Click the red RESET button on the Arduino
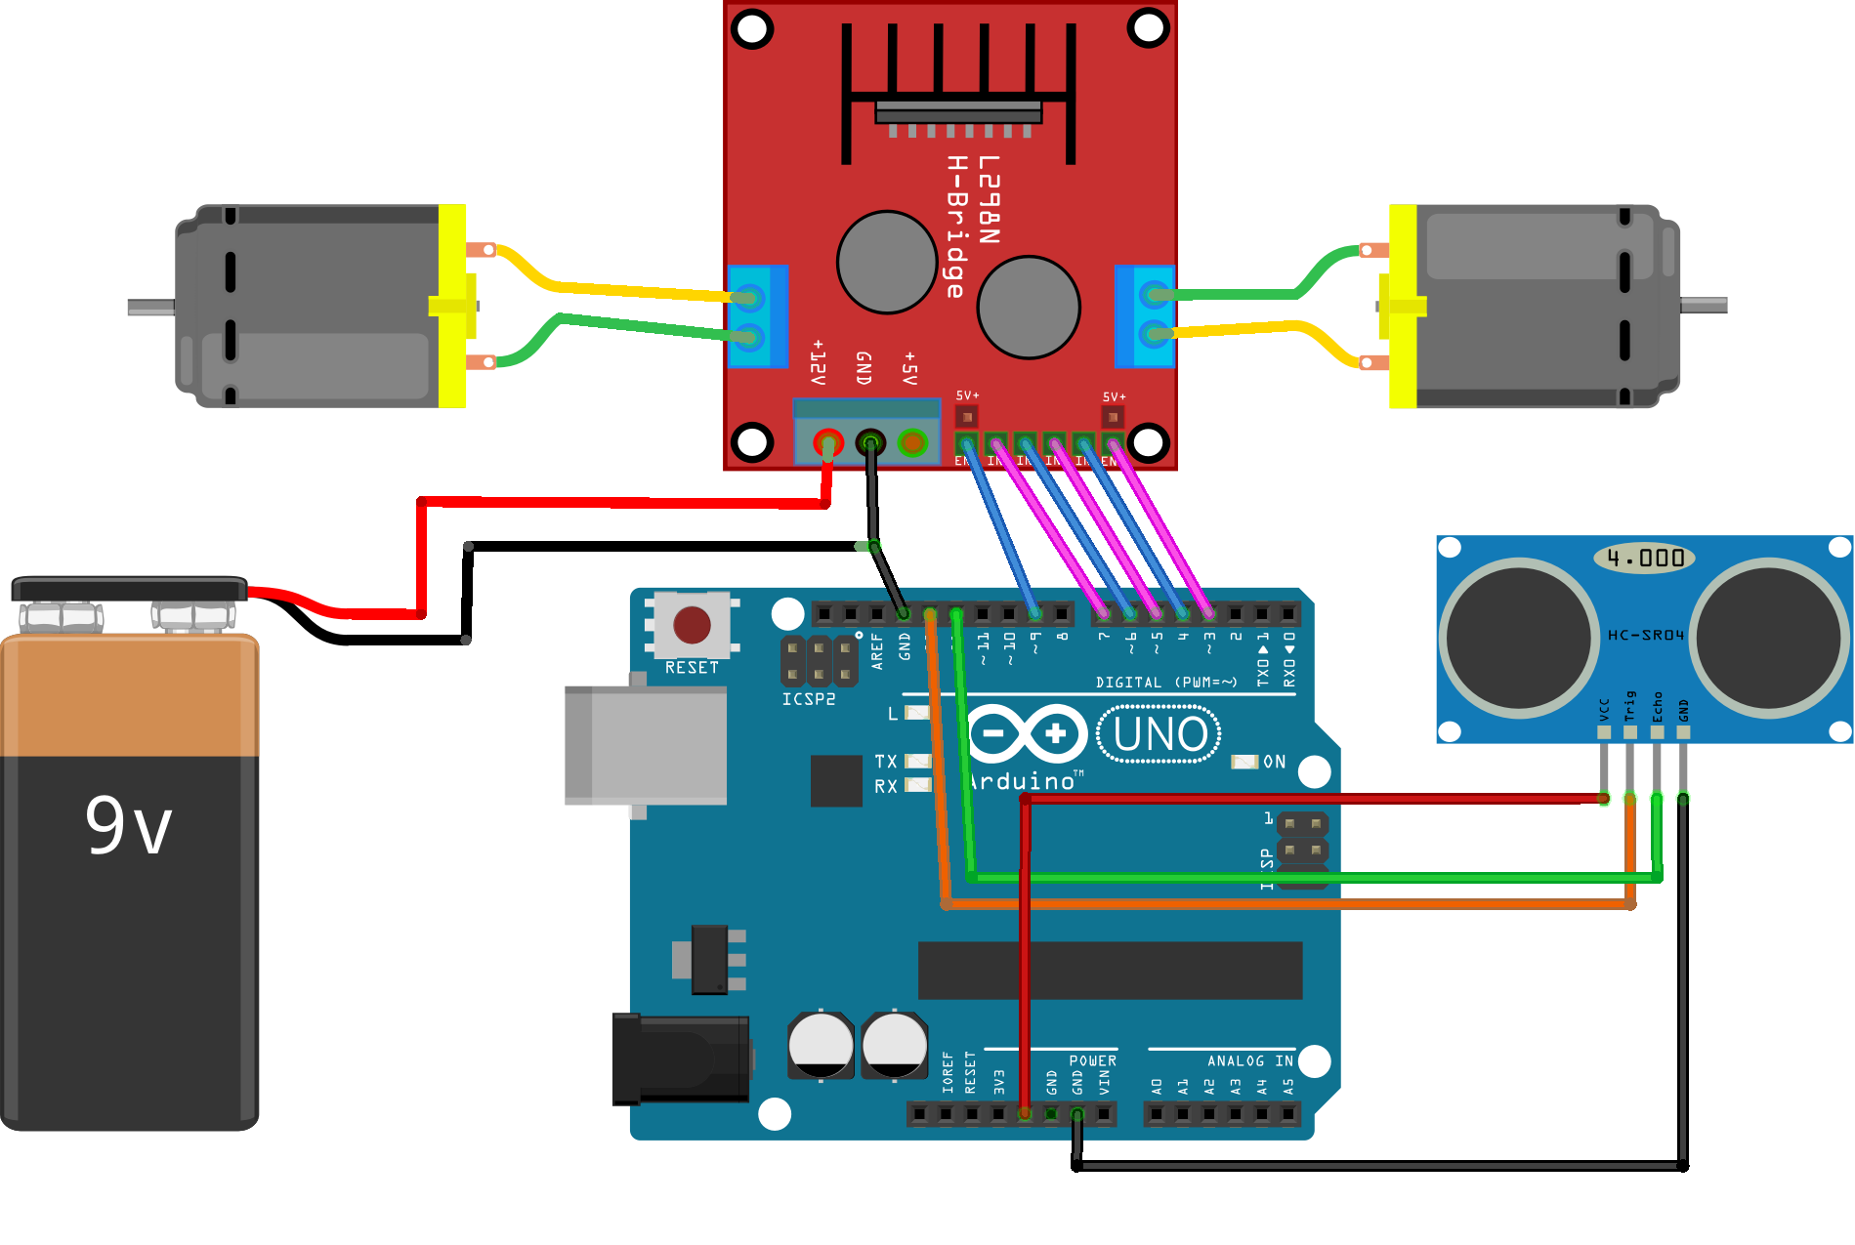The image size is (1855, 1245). [x=692, y=625]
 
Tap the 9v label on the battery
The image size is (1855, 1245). [x=128, y=825]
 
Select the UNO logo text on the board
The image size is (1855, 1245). [x=1159, y=735]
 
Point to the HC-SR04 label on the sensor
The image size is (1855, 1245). [x=1646, y=636]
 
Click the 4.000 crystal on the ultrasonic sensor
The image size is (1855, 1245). [x=1645, y=559]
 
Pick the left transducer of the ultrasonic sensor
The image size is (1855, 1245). [x=1519, y=638]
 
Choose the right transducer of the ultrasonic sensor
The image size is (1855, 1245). [x=1769, y=638]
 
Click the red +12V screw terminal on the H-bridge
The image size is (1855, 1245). [x=828, y=443]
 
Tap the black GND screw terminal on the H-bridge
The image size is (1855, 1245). [x=870, y=443]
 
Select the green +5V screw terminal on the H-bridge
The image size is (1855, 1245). [x=912, y=443]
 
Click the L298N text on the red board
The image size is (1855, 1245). [x=989, y=199]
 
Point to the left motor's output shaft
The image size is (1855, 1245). [x=151, y=308]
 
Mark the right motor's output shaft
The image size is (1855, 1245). [x=1704, y=306]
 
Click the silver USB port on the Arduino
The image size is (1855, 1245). [x=645, y=744]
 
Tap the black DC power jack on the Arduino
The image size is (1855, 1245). [x=681, y=1058]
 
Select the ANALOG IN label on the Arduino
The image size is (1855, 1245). [x=1249, y=1061]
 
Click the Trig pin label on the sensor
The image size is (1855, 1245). [x=1629, y=706]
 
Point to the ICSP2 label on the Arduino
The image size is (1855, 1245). [x=809, y=699]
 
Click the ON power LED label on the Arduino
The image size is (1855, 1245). [x=1274, y=762]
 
